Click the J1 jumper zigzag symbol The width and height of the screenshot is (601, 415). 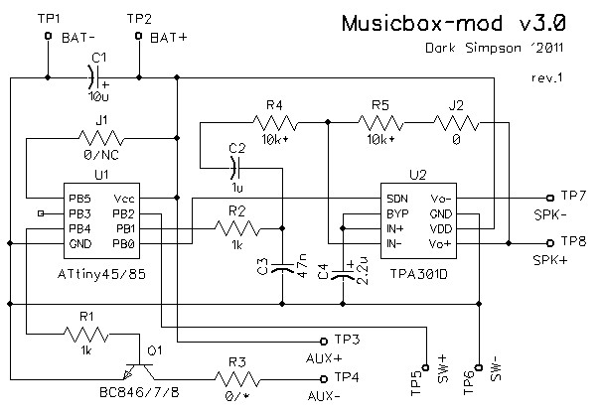coord(101,139)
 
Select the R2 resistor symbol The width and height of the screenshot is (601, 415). coord(236,228)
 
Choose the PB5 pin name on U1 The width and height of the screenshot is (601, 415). coord(79,198)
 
